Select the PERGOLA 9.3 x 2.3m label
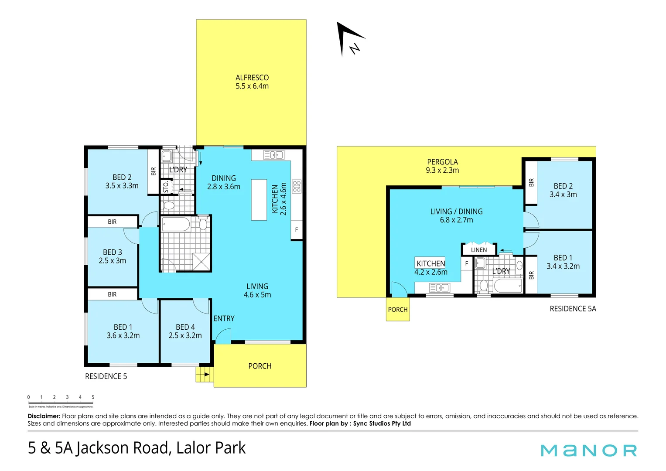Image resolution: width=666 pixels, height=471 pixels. click(442, 166)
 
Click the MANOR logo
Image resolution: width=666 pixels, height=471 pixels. click(589, 450)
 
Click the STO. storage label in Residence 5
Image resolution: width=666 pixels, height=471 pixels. click(165, 187)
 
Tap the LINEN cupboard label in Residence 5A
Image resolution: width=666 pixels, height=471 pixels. click(479, 250)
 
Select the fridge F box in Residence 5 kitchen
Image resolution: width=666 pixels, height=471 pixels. click(297, 230)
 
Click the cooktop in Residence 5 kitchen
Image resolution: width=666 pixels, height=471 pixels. click(297, 187)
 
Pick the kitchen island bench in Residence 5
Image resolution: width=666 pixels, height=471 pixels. click(259, 200)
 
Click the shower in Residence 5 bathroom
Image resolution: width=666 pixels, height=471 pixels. click(202, 262)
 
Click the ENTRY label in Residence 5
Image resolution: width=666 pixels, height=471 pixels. click(224, 319)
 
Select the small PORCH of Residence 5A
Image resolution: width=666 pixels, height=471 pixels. click(398, 310)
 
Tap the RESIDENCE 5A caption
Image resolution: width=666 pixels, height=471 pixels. click(573, 309)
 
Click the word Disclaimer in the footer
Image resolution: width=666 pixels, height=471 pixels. click(44, 416)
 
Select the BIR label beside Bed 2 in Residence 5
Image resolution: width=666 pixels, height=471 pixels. click(153, 171)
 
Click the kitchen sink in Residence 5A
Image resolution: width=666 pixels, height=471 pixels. click(440, 287)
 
